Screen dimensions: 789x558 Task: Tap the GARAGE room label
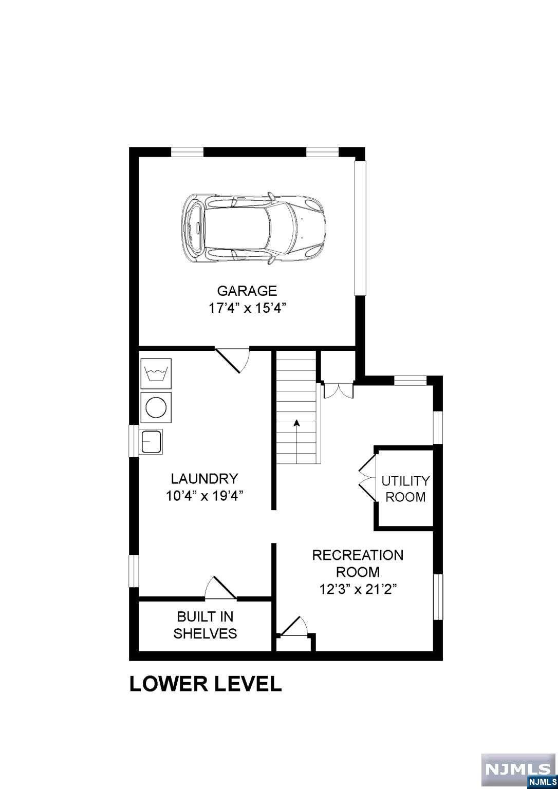point(247,291)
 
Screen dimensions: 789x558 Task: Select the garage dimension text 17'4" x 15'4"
point(247,308)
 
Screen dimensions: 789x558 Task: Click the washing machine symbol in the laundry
point(156,373)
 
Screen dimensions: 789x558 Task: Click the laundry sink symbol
point(152,441)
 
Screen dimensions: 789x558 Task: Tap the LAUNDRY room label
point(204,479)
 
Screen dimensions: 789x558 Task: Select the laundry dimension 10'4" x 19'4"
point(204,496)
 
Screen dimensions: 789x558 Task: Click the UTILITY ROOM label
point(405,489)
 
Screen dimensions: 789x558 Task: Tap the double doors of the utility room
point(367,478)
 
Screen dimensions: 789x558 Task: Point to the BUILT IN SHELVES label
point(205,625)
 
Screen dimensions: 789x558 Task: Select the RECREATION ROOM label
point(358,563)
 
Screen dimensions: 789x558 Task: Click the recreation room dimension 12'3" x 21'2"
point(358,589)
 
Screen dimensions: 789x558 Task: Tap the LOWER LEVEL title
point(206,684)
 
